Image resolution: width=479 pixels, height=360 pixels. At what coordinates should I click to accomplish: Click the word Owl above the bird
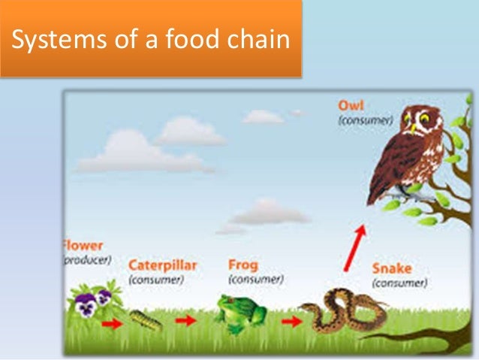click(x=351, y=106)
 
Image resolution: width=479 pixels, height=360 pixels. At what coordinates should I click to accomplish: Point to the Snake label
click(x=392, y=269)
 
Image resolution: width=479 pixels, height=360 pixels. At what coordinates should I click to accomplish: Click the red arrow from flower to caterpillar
click(x=112, y=325)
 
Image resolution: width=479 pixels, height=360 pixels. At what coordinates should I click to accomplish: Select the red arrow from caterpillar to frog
click(x=185, y=320)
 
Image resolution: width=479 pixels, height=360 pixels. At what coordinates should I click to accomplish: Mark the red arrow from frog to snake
click(x=292, y=321)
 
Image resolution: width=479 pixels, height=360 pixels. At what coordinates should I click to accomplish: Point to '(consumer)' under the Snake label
click(x=400, y=283)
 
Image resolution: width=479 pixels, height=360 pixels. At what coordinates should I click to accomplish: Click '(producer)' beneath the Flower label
click(x=87, y=259)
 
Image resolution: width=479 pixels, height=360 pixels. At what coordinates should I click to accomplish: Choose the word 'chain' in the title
click(x=259, y=39)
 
